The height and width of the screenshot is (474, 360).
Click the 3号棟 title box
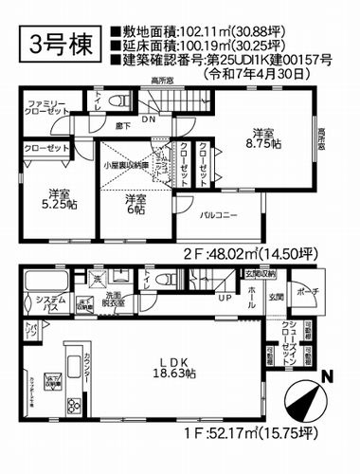tap(54, 46)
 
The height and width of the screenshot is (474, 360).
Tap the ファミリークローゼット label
tap(45, 105)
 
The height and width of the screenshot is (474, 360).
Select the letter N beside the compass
tap(328, 375)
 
